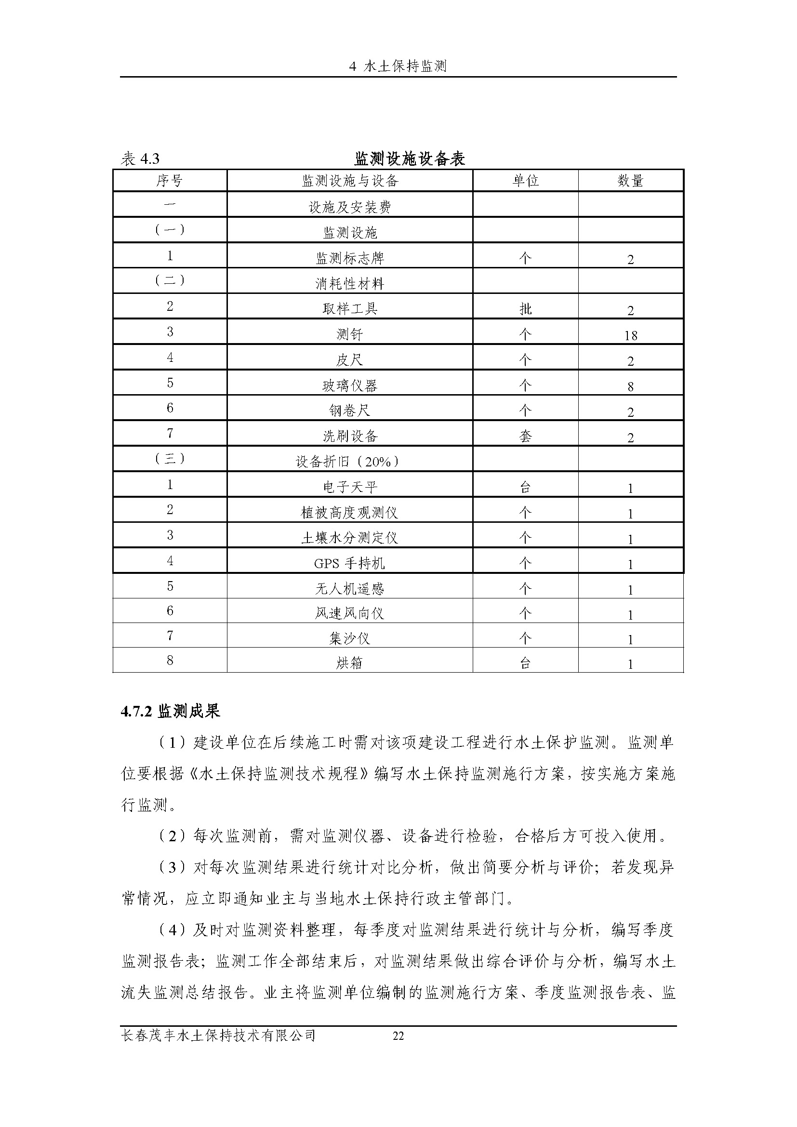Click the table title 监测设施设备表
pos(409,159)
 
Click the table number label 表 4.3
pos(140,159)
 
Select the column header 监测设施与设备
pos(349,181)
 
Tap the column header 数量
pos(630,181)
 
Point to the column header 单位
pos(525,181)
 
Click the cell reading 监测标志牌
pos(349,258)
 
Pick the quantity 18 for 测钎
pos(630,336)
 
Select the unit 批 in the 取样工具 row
pos(525,309)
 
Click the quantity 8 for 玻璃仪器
pos(630,387)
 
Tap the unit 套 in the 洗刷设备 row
pos(525,437)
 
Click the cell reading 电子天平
pos(349,488)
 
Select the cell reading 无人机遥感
pos(349,588)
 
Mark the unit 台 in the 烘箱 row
pos(525,663)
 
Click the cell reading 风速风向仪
pos(349,613)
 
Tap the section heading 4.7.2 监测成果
pos(170,711)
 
